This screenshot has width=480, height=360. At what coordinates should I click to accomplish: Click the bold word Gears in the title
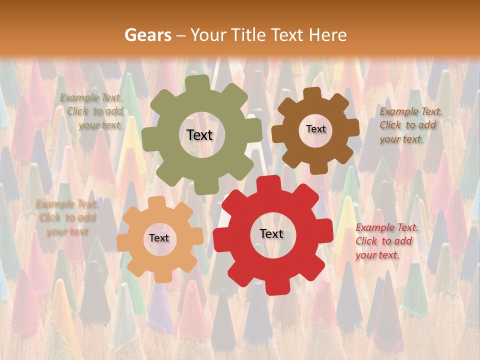pos(147,35)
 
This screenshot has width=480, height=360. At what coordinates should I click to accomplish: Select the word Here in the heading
pos(327,35)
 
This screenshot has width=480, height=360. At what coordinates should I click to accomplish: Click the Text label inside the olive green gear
pos(199,135)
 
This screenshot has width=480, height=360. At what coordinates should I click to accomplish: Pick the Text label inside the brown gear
pos(315,129)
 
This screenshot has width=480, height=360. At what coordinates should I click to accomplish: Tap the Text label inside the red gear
pos(271,233)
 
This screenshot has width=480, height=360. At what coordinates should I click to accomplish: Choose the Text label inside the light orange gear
pos(158,238)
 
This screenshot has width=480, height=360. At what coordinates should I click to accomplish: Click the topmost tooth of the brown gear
pos(312,93)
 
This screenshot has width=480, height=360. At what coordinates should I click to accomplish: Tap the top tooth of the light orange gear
pos(157,201)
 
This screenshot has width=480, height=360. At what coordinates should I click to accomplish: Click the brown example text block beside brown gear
pos(408,125)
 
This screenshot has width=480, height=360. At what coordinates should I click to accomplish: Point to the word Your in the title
pos(206,35)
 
